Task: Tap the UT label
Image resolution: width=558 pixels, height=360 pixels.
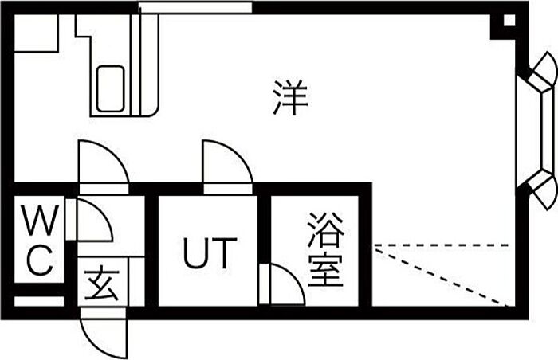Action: click(x=209, y=253)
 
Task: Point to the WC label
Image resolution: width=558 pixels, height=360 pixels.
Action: click(x=38, y=241)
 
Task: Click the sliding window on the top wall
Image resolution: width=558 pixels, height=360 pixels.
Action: click(x=195, y=8)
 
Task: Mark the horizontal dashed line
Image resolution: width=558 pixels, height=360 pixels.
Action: click(x=442, y=245)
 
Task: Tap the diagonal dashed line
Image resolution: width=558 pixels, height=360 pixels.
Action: click(x=442, y=276)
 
